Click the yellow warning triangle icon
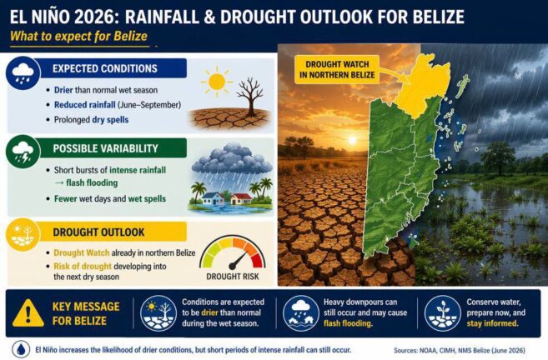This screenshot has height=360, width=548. pos(28,313)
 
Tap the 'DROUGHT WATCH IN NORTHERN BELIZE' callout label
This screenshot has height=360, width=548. pos(337,69)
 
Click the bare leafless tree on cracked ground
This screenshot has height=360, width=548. pos(249,97)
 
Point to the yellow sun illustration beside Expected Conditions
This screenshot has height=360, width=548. pos(217,82)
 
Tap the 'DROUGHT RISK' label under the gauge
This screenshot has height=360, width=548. pos(233,277)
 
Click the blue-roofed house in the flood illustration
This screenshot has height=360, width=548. pos(213,198)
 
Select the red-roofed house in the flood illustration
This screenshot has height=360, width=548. pos(241,198)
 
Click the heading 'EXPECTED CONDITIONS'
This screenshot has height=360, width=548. pos(105,68)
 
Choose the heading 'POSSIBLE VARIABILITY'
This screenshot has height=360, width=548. pos(106,148)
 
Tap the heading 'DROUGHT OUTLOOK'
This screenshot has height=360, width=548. pos(98,232)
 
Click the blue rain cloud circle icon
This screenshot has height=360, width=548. pos(23,73)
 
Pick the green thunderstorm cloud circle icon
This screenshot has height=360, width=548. pos(23,152)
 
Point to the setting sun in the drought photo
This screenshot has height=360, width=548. pos(352,140)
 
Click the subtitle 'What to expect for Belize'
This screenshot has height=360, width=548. pos(78,36)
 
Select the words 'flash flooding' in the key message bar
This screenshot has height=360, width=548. pos(347,323)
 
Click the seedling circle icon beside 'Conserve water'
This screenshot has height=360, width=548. pos(442,313)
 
